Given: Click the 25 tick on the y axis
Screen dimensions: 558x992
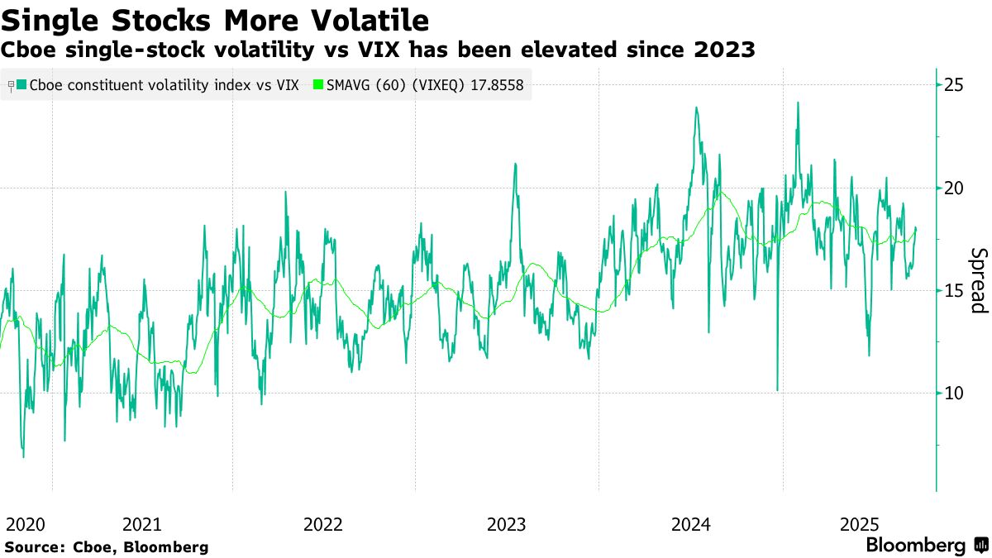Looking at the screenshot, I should pyautogui.click(x=955, y=85).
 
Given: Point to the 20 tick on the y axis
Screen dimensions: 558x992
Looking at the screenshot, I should pyautogui.click(x=955, y=188).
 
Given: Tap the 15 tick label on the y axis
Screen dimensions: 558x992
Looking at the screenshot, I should pyautogui.click(x=955, y=290).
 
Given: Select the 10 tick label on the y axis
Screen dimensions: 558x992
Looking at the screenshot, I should pyautogui.click(x=955, y=393).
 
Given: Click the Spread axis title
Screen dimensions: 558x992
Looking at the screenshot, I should pyautogui.click(x=978, y=280).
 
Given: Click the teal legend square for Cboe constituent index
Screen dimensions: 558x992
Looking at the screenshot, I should pyautogui.click(x=21, y=84).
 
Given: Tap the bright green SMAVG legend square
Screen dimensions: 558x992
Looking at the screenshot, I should pyautogui.click(x=318, y=84).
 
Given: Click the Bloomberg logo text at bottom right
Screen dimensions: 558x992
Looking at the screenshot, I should pyautogui.click(x=916, y=546).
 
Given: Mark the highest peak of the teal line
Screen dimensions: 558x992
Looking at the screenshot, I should pyautogui.click(x=798, y=103).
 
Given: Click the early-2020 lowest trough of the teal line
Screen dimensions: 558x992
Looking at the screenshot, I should pyautogui.click(x=23, y=456).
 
